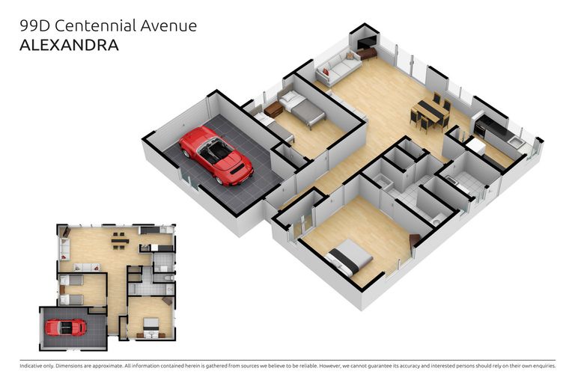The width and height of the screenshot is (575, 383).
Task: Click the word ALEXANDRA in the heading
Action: pos(69,45)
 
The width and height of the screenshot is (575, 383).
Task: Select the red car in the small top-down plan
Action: pos(66,327)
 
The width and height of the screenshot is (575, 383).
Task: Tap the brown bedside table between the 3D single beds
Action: pos(273,109)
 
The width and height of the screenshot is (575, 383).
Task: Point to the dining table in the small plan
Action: pos(118,241)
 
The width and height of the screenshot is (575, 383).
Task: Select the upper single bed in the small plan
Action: pos(72,281)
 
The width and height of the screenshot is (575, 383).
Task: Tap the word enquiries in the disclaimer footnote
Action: pos(541,366)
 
